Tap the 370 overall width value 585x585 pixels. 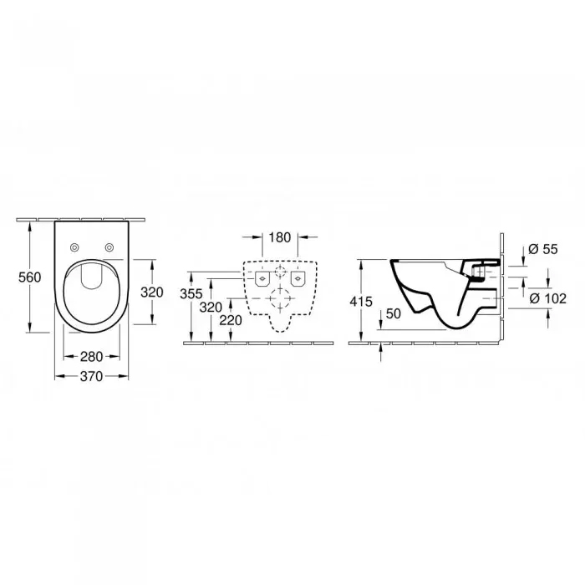click(92, 376)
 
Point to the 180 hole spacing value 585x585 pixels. click(282, 237)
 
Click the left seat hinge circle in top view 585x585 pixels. click(74, 247)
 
